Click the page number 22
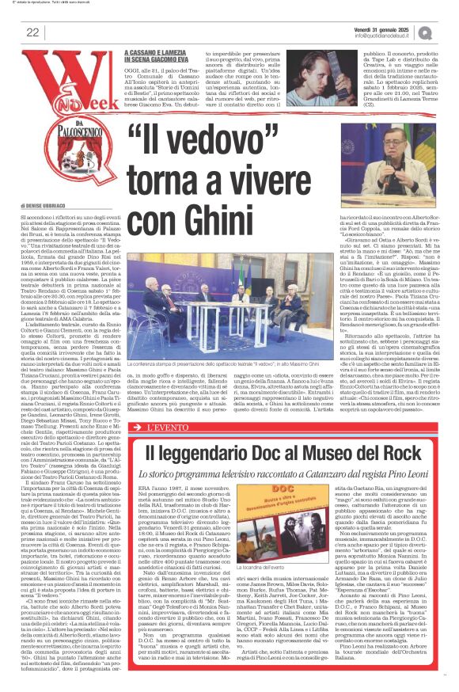(x=32, y=32)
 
